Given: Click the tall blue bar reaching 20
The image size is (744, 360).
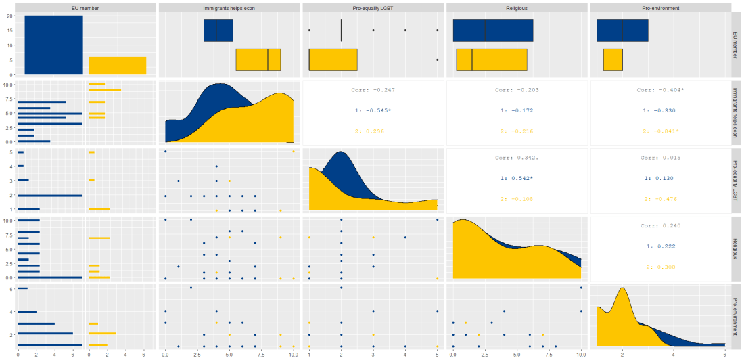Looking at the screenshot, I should (x=53, y=45).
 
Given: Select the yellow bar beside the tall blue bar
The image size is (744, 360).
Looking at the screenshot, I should (x=117, y=65).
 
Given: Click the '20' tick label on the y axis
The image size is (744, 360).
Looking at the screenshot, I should (x=12, y=16).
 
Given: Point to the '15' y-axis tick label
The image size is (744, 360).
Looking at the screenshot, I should (x=12, y=30).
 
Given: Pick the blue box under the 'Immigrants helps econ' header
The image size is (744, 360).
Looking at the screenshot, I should (x=218, y=30).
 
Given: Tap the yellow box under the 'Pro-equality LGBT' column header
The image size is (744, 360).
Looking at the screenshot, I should (x=333, y=60).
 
